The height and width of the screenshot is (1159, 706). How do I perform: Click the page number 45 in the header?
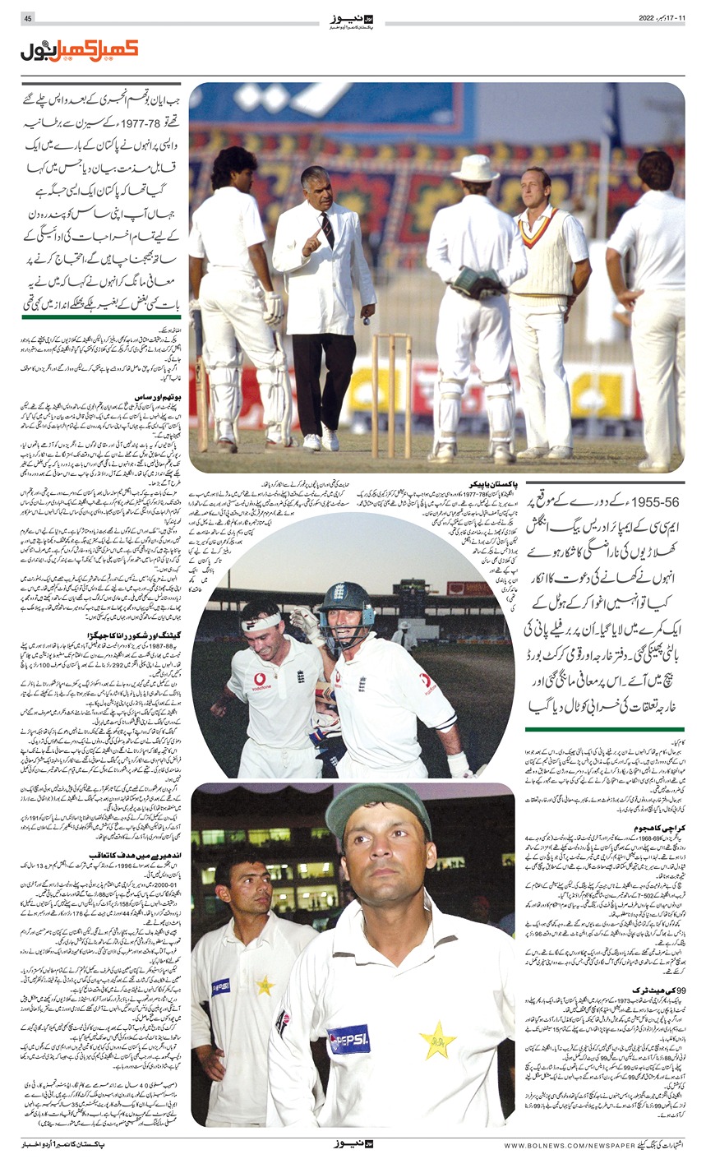tap(28, 18)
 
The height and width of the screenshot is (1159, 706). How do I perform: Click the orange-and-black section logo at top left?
tap(79, 51)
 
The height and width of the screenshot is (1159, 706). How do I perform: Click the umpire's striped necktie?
tap(328, 230)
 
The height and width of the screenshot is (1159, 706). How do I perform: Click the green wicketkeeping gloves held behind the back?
tap(477, 283)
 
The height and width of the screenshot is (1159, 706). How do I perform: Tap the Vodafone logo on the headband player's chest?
tap(261, 681)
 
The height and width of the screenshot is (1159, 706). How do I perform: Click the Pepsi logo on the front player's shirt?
tap(349, 1039)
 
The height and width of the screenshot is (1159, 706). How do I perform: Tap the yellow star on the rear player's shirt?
tap(265, 985)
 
